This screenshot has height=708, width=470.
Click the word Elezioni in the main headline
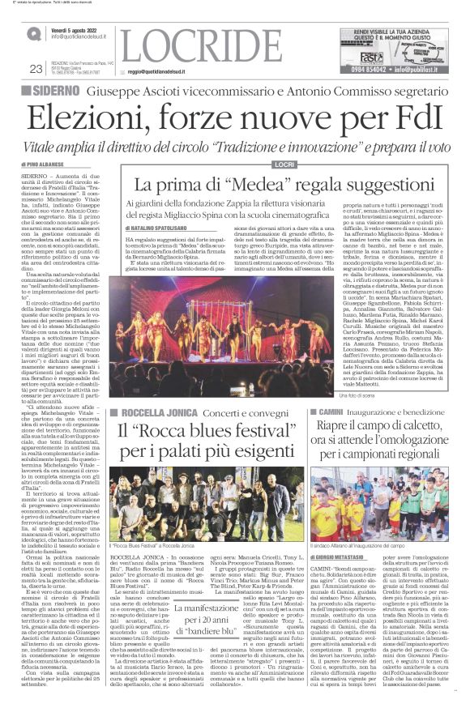pos(88,119)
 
